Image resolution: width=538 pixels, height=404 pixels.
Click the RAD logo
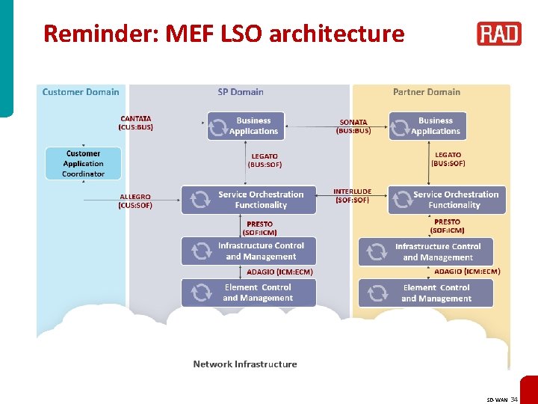point(499,34)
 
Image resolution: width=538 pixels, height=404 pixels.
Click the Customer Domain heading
point(81,92)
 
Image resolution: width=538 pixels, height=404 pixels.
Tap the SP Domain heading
point(241,92)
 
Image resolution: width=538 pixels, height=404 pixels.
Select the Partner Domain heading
point(427,92)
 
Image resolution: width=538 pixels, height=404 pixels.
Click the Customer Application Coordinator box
point(83,163)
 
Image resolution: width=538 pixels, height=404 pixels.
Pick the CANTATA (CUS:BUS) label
point(136,123)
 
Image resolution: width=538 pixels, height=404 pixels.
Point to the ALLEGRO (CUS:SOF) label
point(135,201)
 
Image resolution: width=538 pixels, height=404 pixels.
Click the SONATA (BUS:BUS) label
point(353,126)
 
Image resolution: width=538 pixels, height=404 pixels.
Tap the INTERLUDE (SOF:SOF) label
point(352,196)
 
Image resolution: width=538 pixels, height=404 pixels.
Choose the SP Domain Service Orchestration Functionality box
point(249,200)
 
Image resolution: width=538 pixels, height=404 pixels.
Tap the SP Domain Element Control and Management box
point(249,293)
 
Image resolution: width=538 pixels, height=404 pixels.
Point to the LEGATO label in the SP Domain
point(265,160)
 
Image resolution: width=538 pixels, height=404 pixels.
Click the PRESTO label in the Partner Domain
point(448,226)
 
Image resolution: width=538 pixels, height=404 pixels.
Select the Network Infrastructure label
point(245,364)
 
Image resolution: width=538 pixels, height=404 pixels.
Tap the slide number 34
point(514,400)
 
